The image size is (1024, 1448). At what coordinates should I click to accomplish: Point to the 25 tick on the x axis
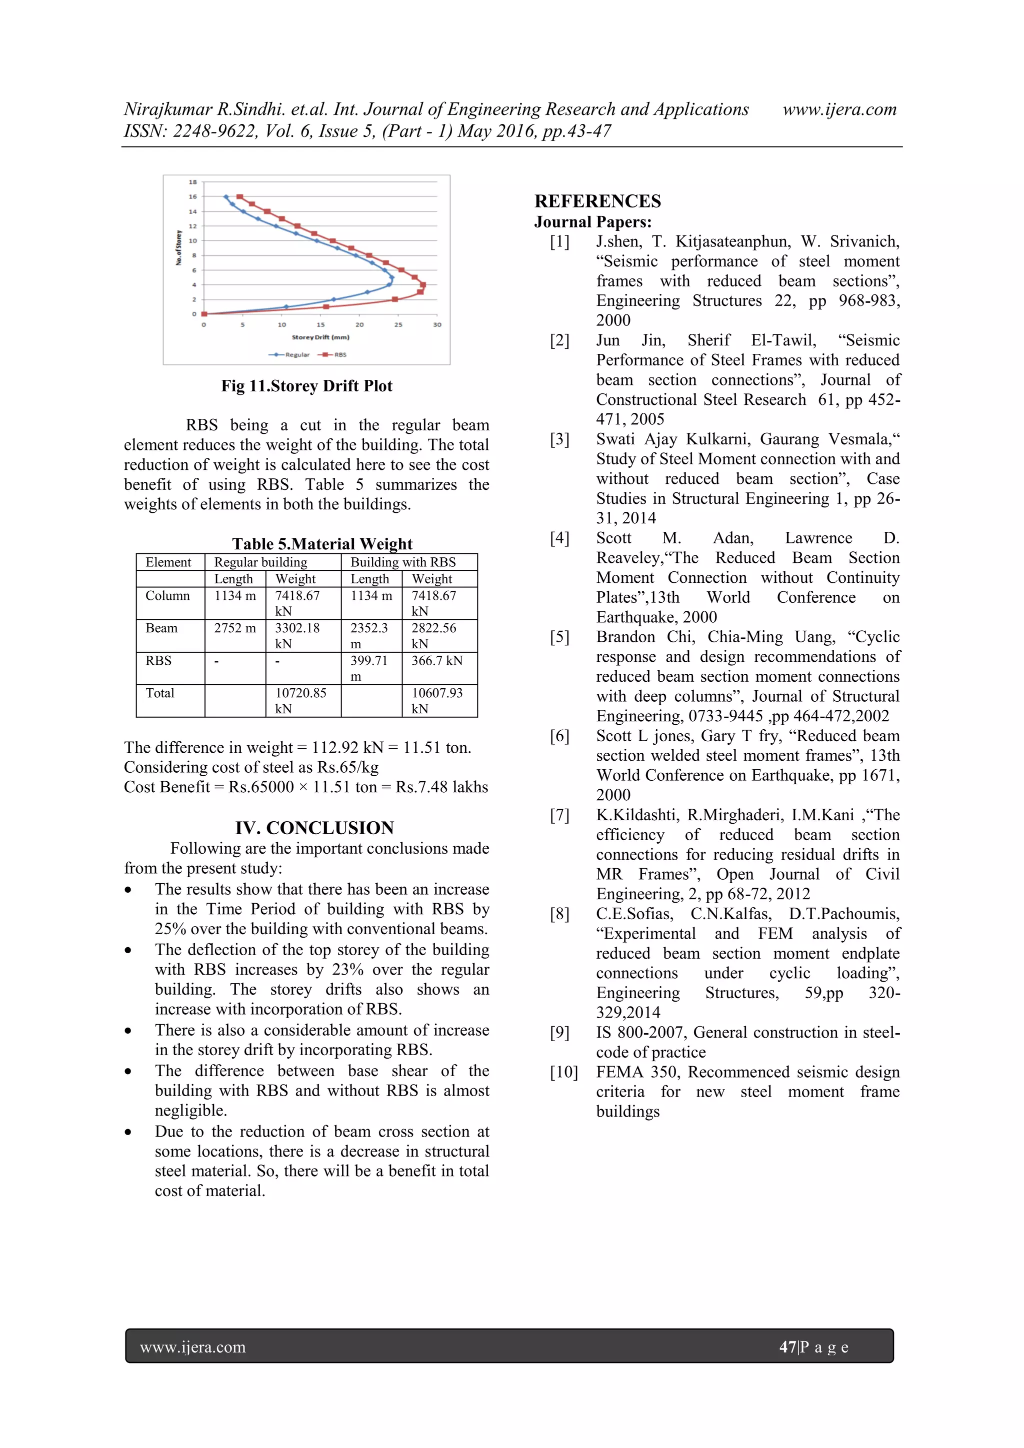[x=398, y=325]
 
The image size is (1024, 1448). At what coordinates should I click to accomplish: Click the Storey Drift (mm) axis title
[x=320, y=337]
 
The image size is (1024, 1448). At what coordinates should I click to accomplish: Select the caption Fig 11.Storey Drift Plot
[x=306, y=386]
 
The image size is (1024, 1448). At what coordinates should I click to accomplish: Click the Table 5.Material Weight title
[x=322, y=544]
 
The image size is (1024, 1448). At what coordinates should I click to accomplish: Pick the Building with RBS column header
[x=403, y=562]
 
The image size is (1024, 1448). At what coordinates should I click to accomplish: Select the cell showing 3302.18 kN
[x=297, y=635]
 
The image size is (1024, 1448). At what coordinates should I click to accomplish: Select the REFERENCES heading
[x=597, y=201]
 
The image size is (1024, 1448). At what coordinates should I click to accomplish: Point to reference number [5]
[x=559, y=637]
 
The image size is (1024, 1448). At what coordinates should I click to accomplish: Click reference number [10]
[x=563, y=1072]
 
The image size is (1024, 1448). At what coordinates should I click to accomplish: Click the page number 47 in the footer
[x=787, y=1347]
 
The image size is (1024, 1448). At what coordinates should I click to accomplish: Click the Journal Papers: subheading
[x=592, y=222]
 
